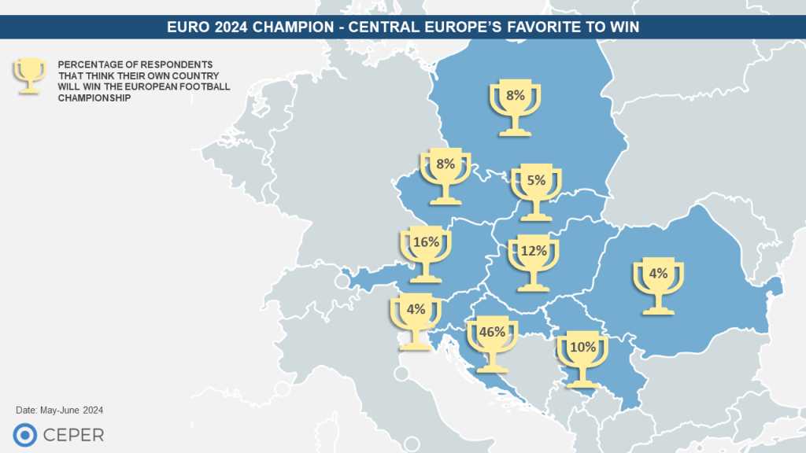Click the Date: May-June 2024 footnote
click(60, 411)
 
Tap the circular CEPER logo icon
click(24, 434)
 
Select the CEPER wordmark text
click(74, 434)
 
